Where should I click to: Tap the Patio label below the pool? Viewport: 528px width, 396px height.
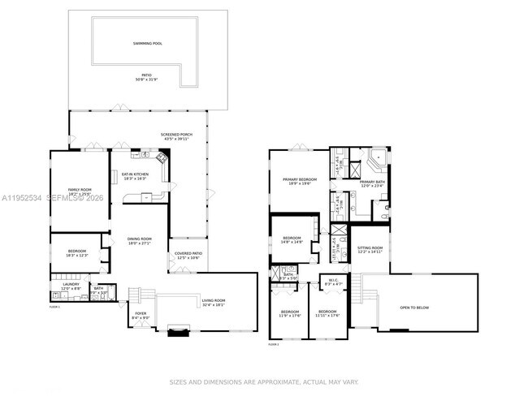[146, 77]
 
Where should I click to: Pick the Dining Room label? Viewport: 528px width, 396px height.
[140, 240]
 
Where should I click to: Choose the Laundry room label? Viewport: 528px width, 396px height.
[71, 286]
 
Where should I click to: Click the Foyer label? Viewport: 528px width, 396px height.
[141, 315]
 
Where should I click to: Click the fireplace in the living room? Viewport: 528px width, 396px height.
[179, 329]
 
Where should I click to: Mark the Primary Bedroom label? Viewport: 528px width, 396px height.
[300, 181]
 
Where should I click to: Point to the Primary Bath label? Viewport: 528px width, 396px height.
[373, 183]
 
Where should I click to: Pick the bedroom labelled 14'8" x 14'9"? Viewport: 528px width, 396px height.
[292, 240]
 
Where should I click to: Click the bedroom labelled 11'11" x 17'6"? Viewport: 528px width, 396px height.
[327, 313]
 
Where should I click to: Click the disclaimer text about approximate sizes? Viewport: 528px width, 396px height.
[263, 381]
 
